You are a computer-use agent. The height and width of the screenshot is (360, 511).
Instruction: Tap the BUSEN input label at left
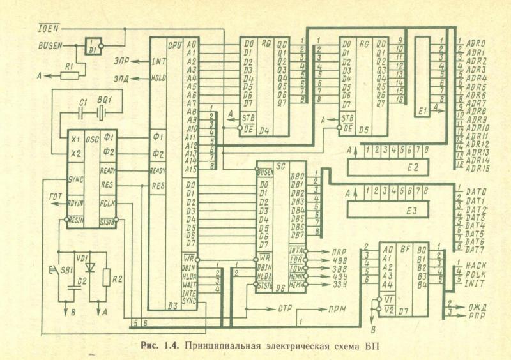pyautogui.click(x=50, y=46)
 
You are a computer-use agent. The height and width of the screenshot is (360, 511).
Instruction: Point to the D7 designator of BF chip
pyautogui.click(x=404, y=311)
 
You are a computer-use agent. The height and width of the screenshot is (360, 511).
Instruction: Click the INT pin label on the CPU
pyautogui.click(x=159, y=62)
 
